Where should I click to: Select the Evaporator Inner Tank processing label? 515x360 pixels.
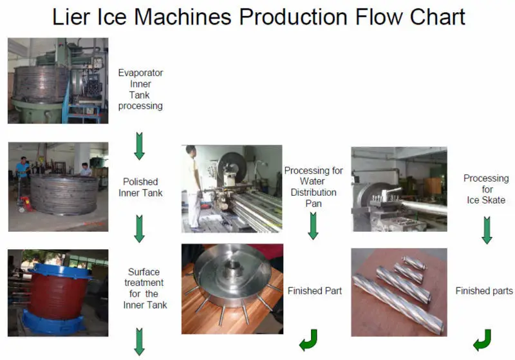click(140, 89)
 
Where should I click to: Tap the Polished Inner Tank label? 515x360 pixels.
click(140, 187)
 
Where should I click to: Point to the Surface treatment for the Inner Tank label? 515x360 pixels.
click(145, 288)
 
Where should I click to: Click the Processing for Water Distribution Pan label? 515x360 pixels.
click(314, 187)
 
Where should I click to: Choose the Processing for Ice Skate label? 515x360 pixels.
click(486, 189)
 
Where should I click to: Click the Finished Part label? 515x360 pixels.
click(315, 290)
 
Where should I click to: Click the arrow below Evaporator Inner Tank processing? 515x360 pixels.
click(139, 146)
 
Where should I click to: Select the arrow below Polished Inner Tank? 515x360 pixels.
click(139, 229)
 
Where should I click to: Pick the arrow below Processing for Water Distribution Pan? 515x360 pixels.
click(314, 225)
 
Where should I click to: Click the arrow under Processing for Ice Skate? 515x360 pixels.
click(487, 230)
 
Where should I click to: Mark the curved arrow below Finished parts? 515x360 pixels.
click(482, 340)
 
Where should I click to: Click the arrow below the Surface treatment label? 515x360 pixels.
click(139, 341)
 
